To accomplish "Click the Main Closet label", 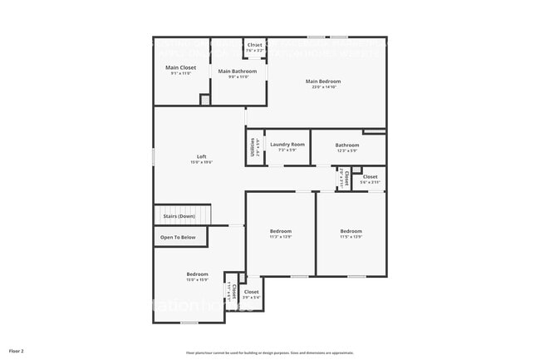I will (x=181, y=67).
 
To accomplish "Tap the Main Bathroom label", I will (x=238, y=72).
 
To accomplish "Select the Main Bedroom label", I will (x=323, y=81).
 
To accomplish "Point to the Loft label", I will (x=201, y=156).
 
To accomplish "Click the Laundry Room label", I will (x=287, y=145).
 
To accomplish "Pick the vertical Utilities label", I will (x=253, y=147).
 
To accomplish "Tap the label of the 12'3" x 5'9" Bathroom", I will (x=347, y=145).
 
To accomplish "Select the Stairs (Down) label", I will (x=179, y=216).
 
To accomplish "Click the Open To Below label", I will (x=178, y=238).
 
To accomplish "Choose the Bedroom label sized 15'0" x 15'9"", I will (x=197, y=274).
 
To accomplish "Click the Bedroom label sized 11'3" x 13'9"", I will (x=280, y=231).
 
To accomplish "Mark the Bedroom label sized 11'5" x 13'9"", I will (x=351, y=231).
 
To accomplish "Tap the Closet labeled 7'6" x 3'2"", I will (x=254, y=45).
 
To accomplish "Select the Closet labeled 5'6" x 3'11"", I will (x=370, y=177).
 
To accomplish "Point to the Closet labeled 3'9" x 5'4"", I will (x=251, y=292).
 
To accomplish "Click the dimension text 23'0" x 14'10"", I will (x=323, y=87).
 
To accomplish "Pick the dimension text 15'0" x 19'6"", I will (x=201, y=162).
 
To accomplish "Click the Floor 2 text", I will (x=17, y=351).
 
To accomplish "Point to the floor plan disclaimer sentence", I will (x=269, y=353).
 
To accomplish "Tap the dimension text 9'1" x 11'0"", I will (x=181, y=73).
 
